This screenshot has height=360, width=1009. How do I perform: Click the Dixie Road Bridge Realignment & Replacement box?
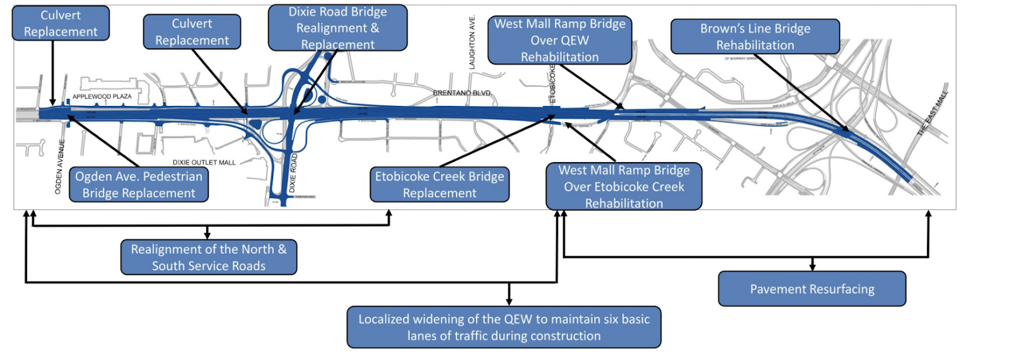pyautogui.click(x=337, y=28)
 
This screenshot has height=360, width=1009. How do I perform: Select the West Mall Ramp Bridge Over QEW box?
pyautogui.click(x=559, y=40)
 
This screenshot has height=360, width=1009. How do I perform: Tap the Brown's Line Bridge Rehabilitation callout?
pyautogui.click(x=755, y=37)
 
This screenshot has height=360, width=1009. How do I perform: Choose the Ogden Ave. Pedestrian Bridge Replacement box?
pyautogui.click(x=139, y=184)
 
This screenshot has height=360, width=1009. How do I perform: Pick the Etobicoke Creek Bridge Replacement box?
pyautogui.click(x=440, y=184)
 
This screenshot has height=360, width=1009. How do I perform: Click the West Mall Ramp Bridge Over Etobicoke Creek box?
pyautogui.click(x=624, y=187)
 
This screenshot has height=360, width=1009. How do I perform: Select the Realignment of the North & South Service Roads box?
pyautogui.click(x=209, y=257)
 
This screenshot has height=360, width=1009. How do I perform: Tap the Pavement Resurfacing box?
pyautogui.click(x=812, y=289)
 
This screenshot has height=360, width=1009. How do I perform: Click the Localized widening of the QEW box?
pyautogui.click(x=504, y=327)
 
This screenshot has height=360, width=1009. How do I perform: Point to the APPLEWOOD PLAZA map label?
pyautogui.click(x=102, y=96)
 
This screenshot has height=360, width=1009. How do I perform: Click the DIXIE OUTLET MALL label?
pyautogui.click(x=204, y=163)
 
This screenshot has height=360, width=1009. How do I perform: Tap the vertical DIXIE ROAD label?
pyautogui.click(x=293, y=173)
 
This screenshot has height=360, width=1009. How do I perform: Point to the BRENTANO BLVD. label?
pyautogui.click(x=462, y=93)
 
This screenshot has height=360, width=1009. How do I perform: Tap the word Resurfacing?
pyautogui.click(x=837, y=289)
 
